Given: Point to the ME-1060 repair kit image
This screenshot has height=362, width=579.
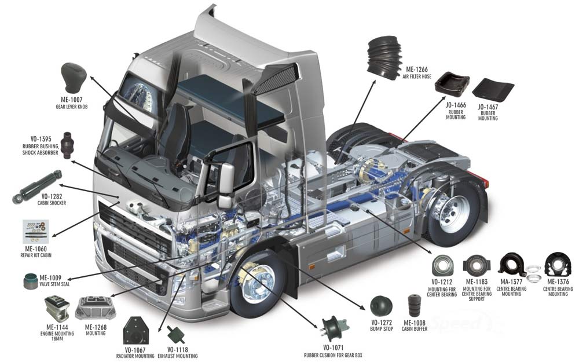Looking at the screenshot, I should pos(35,231).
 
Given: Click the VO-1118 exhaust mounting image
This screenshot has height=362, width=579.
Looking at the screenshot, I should pos(174,334).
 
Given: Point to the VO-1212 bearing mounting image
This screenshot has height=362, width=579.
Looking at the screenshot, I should pos(443,266).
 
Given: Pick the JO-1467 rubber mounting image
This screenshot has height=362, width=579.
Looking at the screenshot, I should pos(493,90).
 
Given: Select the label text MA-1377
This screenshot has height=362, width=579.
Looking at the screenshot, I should pos(511,282).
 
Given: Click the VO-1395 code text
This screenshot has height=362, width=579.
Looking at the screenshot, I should pos(41,139).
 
